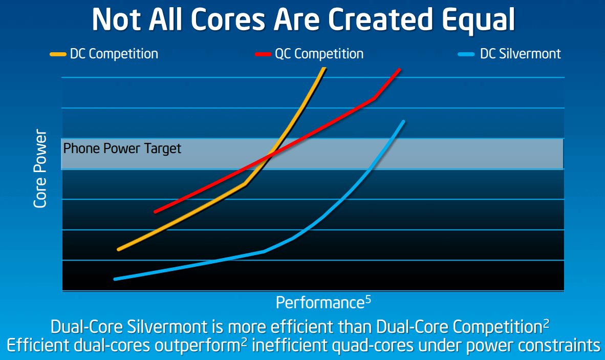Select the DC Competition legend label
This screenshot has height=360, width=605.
[114, 54]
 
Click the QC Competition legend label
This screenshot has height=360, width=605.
[319, 54]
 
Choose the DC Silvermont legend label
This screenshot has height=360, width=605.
[520, 54]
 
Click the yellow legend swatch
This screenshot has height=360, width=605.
[58, 54]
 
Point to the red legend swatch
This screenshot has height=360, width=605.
[263, 54]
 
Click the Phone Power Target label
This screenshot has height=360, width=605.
[122, 149]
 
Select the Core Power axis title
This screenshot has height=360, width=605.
[40, 169]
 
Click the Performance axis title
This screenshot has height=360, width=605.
[319, 303]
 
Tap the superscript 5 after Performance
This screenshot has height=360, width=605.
[368, 300]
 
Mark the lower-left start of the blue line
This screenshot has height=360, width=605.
[115, 279]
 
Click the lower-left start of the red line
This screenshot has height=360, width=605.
[155, 211]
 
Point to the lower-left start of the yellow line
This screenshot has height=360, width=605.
[119, 249]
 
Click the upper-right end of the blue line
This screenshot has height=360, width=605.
[404, 121]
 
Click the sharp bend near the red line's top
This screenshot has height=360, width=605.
[375, 98]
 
